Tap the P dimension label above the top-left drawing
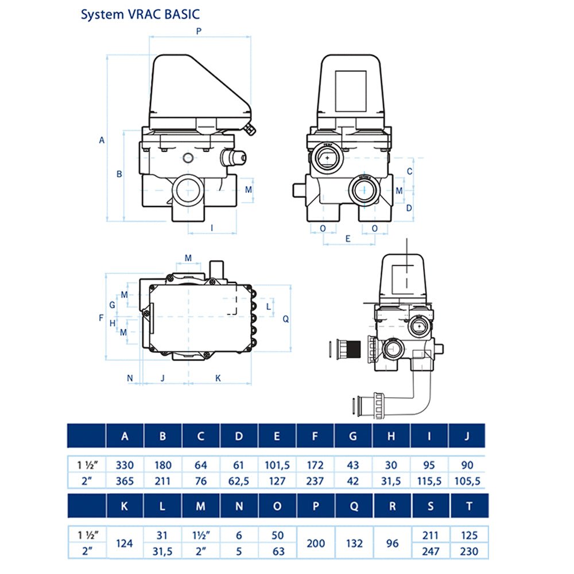[x=199, y=32]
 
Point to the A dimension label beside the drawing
[x=102, y=139]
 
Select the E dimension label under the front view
[x=348, y=238]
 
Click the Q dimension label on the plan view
[x=285, y=319]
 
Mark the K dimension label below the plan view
[x=218, y=378]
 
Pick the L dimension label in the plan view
[x=268, y=307]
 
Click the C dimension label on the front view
[x=409, y=171]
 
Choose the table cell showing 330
[x=125, y=466]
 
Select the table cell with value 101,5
[x=277, y=466]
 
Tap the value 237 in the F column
[x=315, y=481]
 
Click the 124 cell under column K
[x=125, y=542]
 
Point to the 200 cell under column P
[x=315, y=542]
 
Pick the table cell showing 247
[x=429, y=552]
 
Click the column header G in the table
[x=352, y=436]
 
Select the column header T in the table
[x=466, y=506]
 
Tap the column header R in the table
[x=391, y=506]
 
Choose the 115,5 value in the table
[x=429, y=481]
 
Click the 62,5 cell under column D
[x=239, y=481]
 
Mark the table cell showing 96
[x=391, y=542]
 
